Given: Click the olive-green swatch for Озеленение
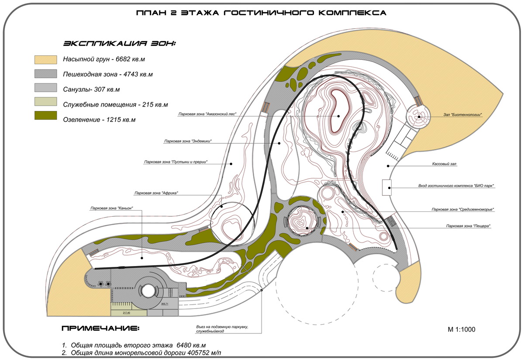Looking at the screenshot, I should pyautogui.click(x=46, y=115).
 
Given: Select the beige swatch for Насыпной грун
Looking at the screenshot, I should pyautogui.click(x=46, y=60).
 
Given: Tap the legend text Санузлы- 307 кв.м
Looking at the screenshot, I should pyautogui.click(x=91, y=90).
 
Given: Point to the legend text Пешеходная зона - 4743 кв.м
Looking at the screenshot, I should pyautogui.click(x=107, y=75).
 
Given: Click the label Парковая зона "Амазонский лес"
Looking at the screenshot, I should pyautogui.click(x=207, y=114).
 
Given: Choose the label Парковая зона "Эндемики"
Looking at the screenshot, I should pyautogui.click(x=191, y=141).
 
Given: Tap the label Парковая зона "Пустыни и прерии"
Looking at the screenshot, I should pyautogui.click(x=176, y=162).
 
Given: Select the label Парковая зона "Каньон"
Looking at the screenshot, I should pyautogui.click(x=111, y=208).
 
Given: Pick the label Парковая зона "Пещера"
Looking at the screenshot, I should pyautogui.click(x=468, y=226).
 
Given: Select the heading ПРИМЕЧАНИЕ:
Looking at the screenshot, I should pyautogui.click(x=101, y=328).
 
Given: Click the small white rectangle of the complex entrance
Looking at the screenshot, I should pyautogui.click(x=386, y=187).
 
